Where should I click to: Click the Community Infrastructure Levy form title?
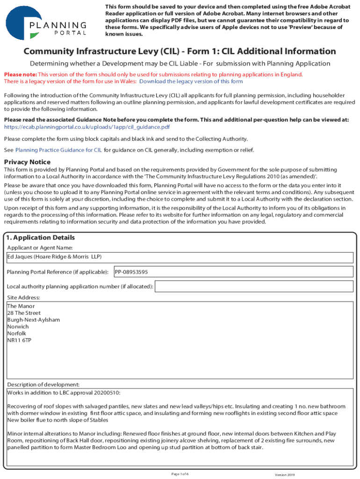[x=180, y=51]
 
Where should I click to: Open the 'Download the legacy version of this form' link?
[x=191, y=81]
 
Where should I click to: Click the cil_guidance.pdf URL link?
[x=86, y=127]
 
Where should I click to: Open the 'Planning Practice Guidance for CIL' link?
[x=58, y=150]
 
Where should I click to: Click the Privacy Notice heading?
[x=27, y=162]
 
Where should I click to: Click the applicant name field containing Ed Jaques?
[x=180, y=257]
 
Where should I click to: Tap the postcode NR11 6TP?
[x=20, y=341]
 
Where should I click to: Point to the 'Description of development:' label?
[x=40, y=385]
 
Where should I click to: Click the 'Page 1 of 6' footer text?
[x=180, y=474]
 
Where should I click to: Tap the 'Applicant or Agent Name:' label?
[x=40, y=247]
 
